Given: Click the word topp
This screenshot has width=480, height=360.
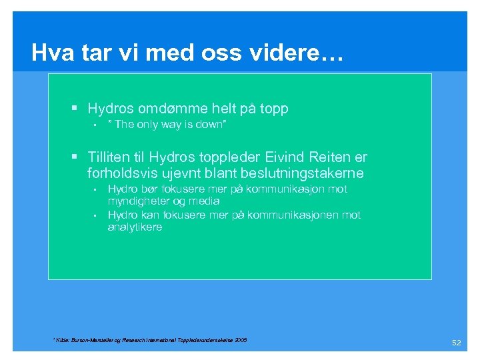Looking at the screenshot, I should [x=273, y=109].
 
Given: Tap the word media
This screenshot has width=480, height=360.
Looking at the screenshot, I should [x=204, y=201].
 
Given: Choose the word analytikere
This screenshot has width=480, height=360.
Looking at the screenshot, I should [x=135, y=227].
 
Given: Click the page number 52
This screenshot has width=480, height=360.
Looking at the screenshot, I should [x=457, y=343].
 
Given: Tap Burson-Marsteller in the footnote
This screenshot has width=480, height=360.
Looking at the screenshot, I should [x=91, y=340].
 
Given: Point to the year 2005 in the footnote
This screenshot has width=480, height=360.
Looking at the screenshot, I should [x=240, y=340].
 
